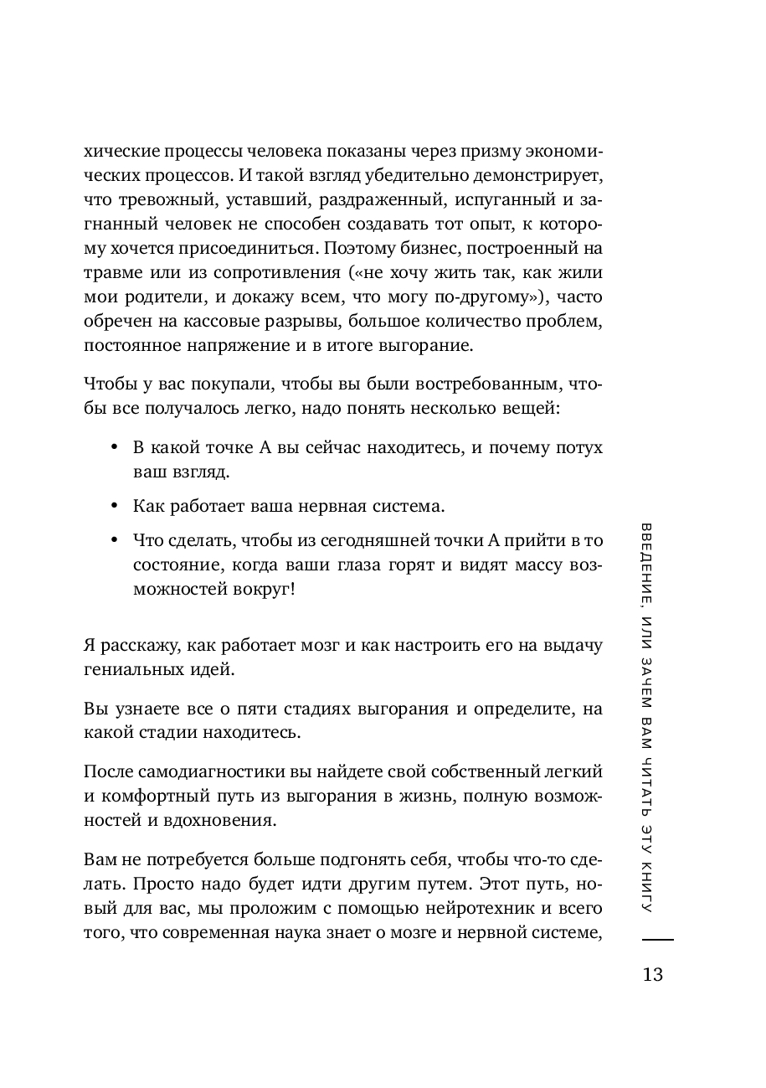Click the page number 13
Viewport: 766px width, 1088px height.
click(x=652, y=975)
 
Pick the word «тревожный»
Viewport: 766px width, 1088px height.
click(x=152, y=200)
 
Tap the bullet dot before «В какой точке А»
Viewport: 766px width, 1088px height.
click(x=113, y=448)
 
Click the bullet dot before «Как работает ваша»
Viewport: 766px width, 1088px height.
click(x=113, y=507)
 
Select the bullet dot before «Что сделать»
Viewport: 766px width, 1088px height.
click(x=113, y=541)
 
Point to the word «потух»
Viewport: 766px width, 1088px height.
click(x=578, y=447)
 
